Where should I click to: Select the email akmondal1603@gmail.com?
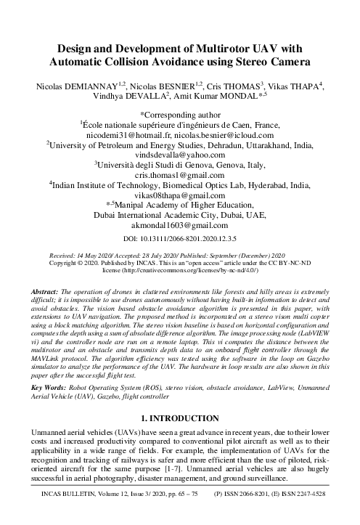179,226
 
